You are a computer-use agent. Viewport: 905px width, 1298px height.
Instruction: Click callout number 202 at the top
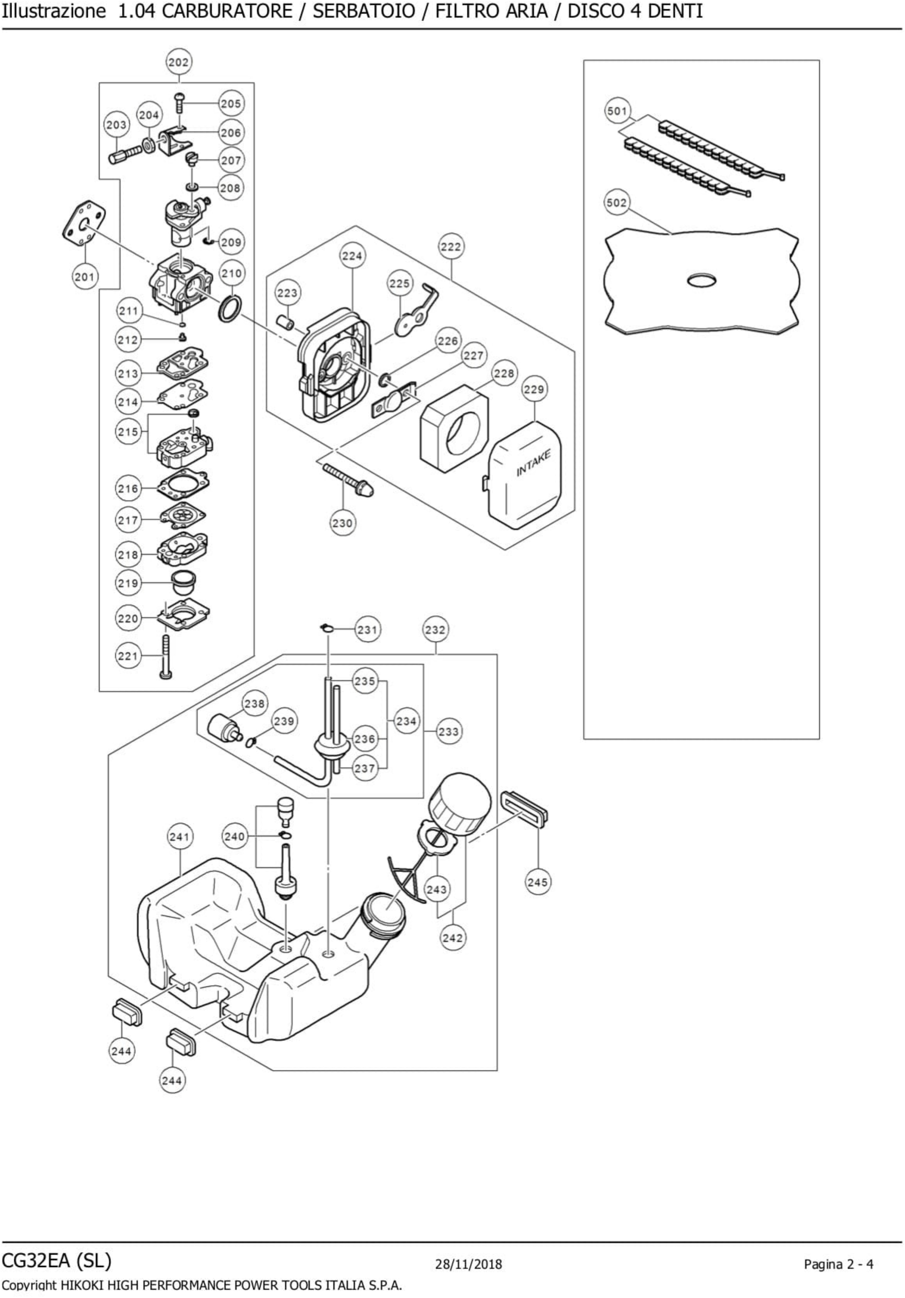[179, 62]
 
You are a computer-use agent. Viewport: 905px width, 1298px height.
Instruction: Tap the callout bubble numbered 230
[342, 523]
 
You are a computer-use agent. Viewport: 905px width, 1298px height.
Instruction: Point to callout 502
[617, 202]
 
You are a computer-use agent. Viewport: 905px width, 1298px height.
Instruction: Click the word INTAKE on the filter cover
[533, 463]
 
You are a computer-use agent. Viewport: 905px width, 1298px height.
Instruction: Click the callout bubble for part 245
[537, 882]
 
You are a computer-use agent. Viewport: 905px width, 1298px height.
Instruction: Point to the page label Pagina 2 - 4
[838, 1264]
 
